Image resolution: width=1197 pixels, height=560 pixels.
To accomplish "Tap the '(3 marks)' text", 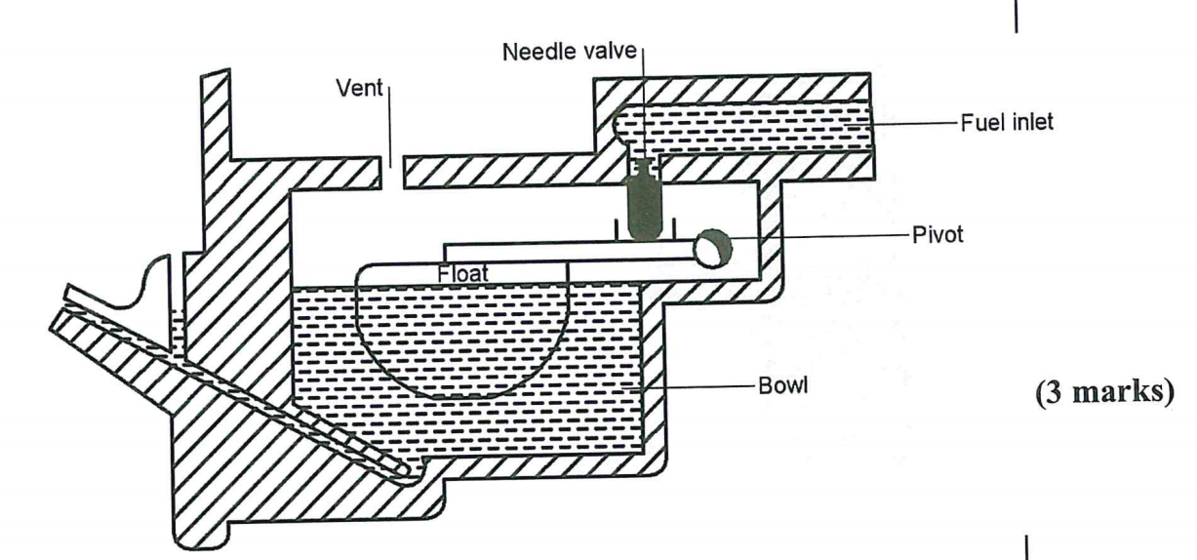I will pos(1085,402).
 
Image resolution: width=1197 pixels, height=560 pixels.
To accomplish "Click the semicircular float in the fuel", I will pos(459,341).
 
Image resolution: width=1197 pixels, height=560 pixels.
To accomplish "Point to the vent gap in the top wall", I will pos(392,173).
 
